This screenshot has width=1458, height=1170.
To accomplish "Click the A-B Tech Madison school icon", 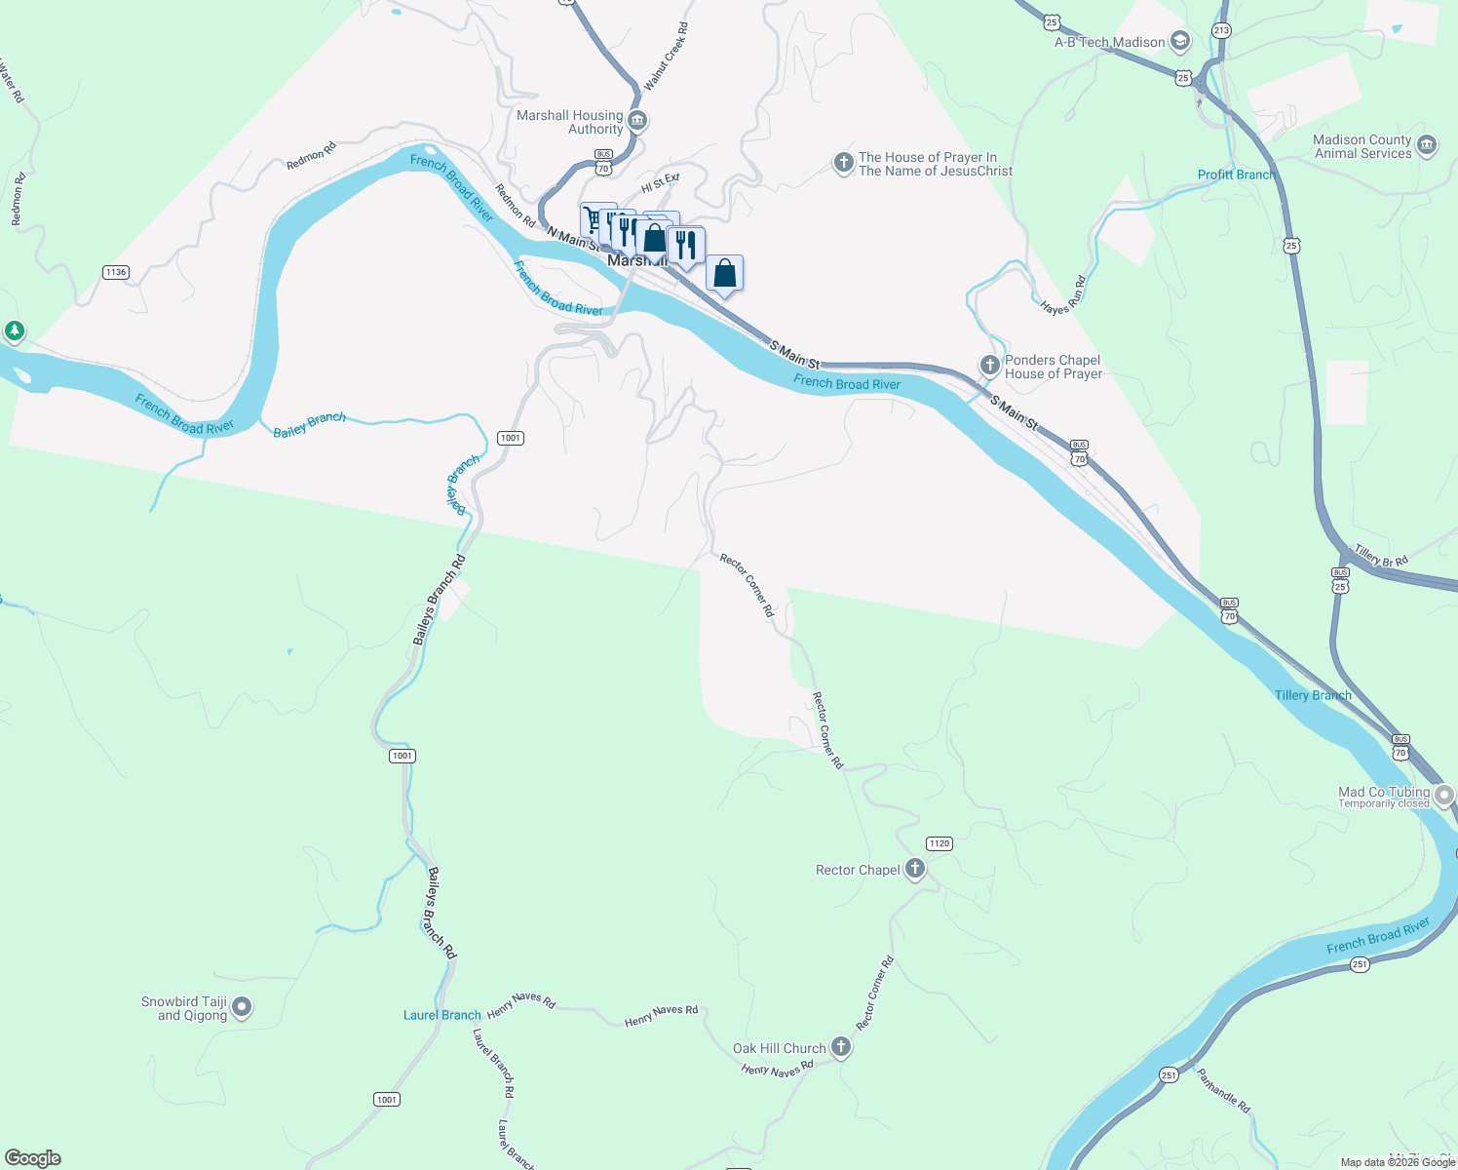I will tap(1180, 41).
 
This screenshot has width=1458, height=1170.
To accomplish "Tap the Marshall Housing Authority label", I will tap(570, 122).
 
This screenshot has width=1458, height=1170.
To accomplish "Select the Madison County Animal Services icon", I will tap(1427, 145).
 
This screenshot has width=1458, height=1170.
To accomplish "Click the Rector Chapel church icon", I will tap(914, 868).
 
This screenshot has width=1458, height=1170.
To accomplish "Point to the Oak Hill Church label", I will tap(779, 1048).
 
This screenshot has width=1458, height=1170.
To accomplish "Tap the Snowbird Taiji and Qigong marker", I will tap(243, 1006).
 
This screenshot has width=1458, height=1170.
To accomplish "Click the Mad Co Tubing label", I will tap(1384, 793).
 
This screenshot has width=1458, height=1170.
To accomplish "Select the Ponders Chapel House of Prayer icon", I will tap(989, 366).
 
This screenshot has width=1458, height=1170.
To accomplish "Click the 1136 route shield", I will tap(116, 272).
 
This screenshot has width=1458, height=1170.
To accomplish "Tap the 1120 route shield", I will tap(939, 843).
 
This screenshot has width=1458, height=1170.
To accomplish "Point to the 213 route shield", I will tap(1221, 30).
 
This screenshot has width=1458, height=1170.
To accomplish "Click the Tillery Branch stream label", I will tap(1313, 695).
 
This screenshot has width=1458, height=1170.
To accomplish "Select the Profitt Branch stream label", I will tap(1236, 175).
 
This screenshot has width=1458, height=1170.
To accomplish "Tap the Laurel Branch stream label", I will tap(442, 1015).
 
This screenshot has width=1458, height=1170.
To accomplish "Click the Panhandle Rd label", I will tap(1223, 1091).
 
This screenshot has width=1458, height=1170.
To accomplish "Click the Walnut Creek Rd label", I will tap(667, 58).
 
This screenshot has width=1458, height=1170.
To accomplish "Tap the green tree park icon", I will tap(14, 331).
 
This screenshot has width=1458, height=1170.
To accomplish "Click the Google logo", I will tap(33, 1157).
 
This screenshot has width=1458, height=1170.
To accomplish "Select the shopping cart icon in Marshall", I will tap(593, 218).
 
